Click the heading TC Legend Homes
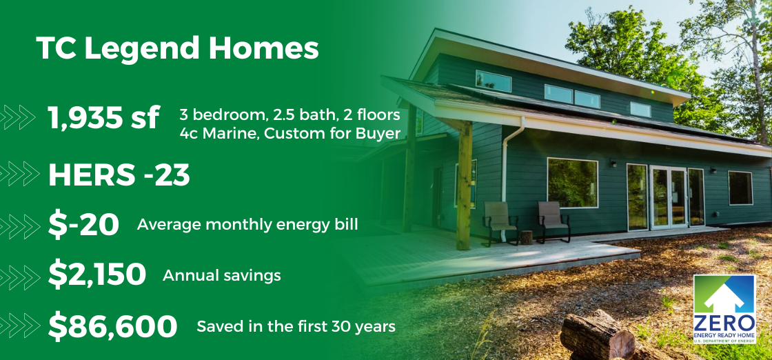177,50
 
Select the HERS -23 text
119,176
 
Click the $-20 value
83,225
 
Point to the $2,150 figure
96,275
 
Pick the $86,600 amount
112,326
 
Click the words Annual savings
222,275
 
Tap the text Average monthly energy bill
247,225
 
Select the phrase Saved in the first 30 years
296,326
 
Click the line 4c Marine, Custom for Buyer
289,132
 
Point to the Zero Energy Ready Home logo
724,308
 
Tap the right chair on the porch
553,219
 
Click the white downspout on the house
509,179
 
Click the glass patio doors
667,197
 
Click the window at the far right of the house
740,188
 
